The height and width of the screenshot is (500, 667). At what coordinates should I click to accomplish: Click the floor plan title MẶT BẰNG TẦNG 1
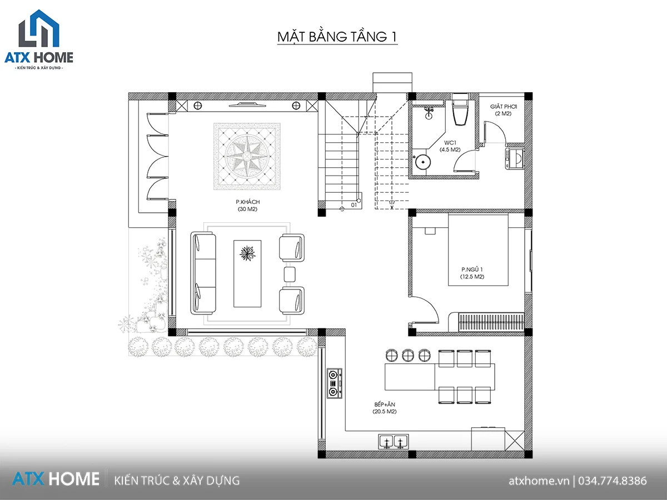coord(337,37)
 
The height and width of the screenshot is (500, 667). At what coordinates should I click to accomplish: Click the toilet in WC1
coord(460,109)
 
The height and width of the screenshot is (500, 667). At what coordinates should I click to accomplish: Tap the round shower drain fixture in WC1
coord(423,162)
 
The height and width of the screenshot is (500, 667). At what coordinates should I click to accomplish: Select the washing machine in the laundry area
coord(515,158)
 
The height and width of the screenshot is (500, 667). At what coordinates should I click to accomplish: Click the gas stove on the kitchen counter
coord(335,383)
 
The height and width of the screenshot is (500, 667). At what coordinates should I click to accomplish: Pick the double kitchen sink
coord(394,442)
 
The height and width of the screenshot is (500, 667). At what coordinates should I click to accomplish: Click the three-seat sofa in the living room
coord(203,273)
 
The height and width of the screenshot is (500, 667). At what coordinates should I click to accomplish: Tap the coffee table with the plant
coord(247,273)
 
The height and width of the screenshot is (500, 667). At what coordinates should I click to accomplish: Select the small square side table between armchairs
coord(290,274)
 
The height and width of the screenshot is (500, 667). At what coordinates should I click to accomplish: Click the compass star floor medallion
coord(247,156)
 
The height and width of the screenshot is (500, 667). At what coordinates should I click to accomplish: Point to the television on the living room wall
coord(247,105)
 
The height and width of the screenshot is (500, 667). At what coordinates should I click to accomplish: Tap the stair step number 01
coord(354,205)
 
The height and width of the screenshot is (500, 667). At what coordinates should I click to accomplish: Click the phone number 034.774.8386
coord(613,481)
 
